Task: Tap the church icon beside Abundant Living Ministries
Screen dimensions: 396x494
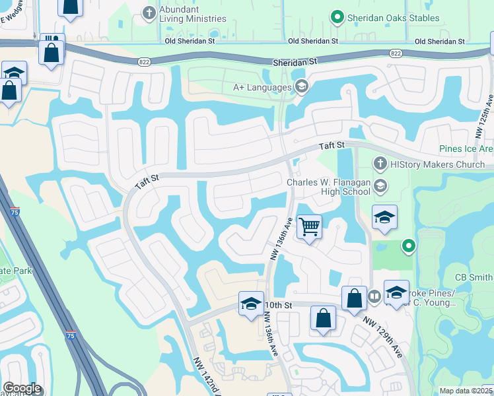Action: tap(149, 12)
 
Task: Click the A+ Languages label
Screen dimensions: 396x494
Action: tap(262, 86)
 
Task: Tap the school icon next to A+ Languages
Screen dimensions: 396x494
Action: tap(301, 86)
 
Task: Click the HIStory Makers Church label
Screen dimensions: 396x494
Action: tap(438, 164)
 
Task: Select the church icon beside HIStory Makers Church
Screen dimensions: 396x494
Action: tap(380, 163)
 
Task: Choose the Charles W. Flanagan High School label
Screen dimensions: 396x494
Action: tap(328, 187)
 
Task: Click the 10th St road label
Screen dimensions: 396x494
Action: tap(278, 306)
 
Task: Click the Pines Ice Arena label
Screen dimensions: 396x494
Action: tap(466, 149)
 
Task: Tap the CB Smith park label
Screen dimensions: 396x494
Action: tap(474, 277)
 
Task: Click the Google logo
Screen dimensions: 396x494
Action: tap(22, 388)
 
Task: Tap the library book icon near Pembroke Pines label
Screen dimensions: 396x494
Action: tap(374, 296)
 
